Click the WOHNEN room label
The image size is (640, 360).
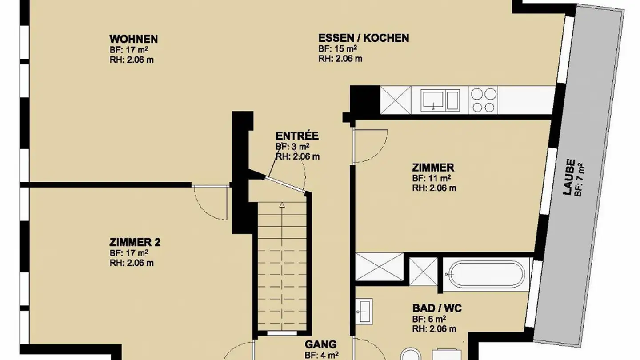(x=133, y=39)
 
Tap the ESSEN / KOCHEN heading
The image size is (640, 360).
(x=364, y=38)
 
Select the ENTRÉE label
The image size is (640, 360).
(x=297, y=136)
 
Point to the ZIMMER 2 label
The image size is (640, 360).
(x=135, y=242)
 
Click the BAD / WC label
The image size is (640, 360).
(x=437, y=308)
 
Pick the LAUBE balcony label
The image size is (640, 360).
(x=569, y=177)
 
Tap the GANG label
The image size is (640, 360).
(x=320, y=344)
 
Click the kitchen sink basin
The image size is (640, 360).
(x=433, y=100)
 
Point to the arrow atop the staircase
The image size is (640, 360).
(x=282, y=204)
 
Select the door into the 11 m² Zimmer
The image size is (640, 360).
(x=370, y=146)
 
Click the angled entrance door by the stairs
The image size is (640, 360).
(x=285, y=184)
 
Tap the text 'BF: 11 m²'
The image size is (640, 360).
(x=432, y=178)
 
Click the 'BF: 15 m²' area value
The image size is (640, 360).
(x=338, y=48)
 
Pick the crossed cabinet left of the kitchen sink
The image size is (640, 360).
(x=396, y=100)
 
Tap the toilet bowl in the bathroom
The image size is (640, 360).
(x=411, y=354)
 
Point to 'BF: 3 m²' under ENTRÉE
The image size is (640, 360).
(x=292, y=147)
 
